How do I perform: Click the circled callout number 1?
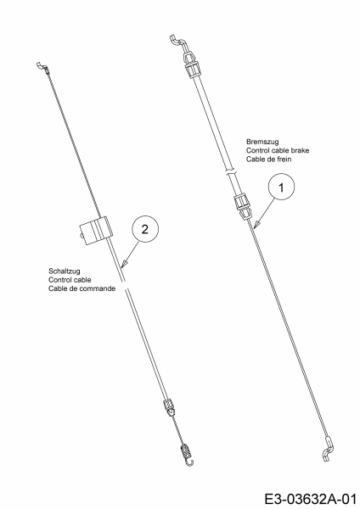point(281,187)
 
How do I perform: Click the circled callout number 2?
point(145,229)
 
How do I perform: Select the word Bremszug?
point(262,142)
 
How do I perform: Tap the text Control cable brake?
point(278,150)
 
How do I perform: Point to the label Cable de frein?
point(268,159)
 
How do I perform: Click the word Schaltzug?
point(65,271)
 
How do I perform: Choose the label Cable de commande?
point(82,288)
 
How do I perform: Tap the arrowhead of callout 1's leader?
point(256,225)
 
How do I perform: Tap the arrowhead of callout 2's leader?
point(123,264)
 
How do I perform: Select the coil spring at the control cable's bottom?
point(186,451)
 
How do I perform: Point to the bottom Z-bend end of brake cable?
point(329,449)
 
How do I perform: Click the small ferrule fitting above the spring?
point(170,407)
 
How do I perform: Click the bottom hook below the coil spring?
point(190,462)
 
